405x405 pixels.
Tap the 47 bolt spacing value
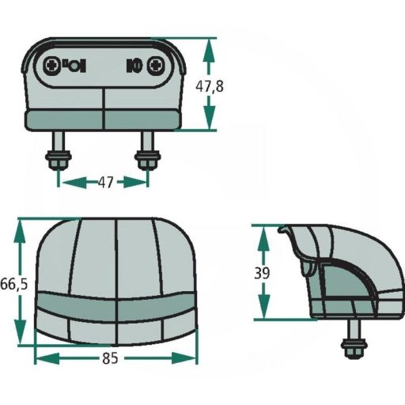tap(104, 183)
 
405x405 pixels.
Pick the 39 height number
tap(262, 273)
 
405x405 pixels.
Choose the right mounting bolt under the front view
tap(146, 155)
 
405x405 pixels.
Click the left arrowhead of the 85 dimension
tap(40, 359)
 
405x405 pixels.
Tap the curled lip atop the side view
tap(285, 231)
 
